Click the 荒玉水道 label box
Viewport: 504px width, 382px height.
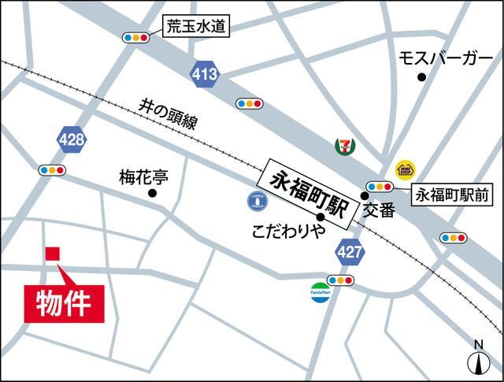(195, 27)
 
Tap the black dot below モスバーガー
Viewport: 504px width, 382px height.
(422, 76)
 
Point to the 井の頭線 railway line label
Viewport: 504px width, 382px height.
(168, 114)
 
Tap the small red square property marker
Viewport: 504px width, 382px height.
(52, 253)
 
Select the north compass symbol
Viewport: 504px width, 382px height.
(477, 358)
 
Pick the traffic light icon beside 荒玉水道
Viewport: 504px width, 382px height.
(136, 37)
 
